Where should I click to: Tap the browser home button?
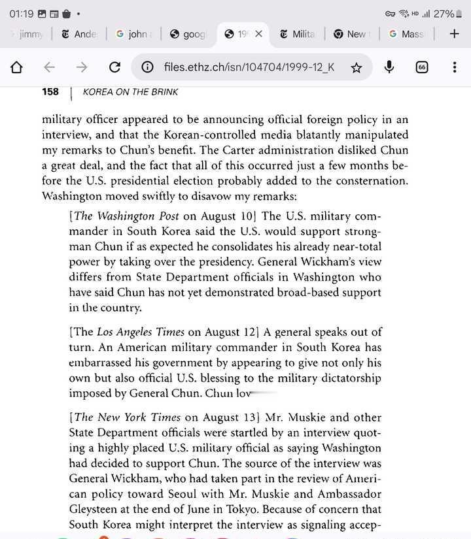(17, 67)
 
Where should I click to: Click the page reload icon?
(114, 67)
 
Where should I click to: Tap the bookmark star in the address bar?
(357, 67)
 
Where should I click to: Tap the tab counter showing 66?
(422, 67)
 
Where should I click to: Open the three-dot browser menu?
(455, 67)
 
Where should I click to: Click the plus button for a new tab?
(454, 34)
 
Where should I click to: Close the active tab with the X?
(259, 34)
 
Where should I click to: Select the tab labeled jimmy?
(30, 34)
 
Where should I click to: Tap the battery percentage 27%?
(444, 13)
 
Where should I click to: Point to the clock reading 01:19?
(21, 13)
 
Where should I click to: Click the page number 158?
(50, 92)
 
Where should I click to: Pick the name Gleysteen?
(97, 495)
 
